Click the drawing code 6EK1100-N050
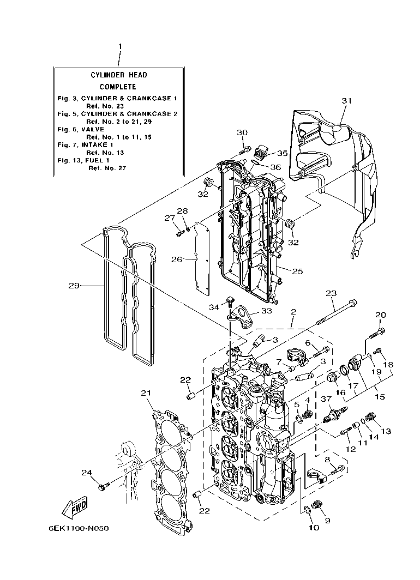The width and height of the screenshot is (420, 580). point(78,529)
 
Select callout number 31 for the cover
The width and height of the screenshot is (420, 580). point(347,101)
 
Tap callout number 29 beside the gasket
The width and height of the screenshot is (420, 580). point(75,285)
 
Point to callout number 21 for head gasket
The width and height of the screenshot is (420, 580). point(145,393)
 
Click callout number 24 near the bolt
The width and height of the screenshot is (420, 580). point(87,472)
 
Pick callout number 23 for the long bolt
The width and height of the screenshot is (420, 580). point(331,293)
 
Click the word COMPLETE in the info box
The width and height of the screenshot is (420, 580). point(118,87)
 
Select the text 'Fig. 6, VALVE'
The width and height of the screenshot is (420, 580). point(81,129)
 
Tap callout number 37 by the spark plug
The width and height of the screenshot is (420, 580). point(326,399)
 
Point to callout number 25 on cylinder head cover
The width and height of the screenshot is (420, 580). point(297,270)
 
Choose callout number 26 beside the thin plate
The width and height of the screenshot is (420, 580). point(176,259)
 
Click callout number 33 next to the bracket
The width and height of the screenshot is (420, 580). point(266,311)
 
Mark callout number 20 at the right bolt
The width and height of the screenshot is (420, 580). point(380,315)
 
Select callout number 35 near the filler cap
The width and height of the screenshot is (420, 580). point(282,153)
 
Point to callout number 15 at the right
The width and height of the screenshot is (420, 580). point(379,396)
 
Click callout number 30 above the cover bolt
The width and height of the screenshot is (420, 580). point(242,132)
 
